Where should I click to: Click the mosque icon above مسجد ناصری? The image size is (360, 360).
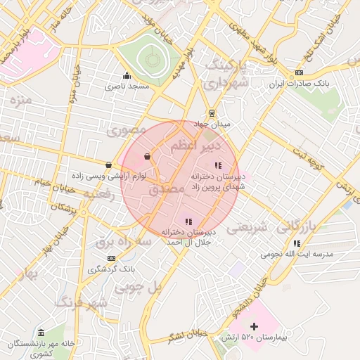click(127, 76)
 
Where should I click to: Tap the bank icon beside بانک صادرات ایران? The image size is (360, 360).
click(300, 72)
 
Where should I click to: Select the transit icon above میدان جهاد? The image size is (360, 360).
click(212, 112)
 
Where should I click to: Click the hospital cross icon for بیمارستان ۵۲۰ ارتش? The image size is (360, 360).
click(255, 326)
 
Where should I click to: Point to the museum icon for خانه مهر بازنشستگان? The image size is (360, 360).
click(41, 332)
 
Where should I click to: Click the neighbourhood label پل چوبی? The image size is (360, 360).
click(139, 287)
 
